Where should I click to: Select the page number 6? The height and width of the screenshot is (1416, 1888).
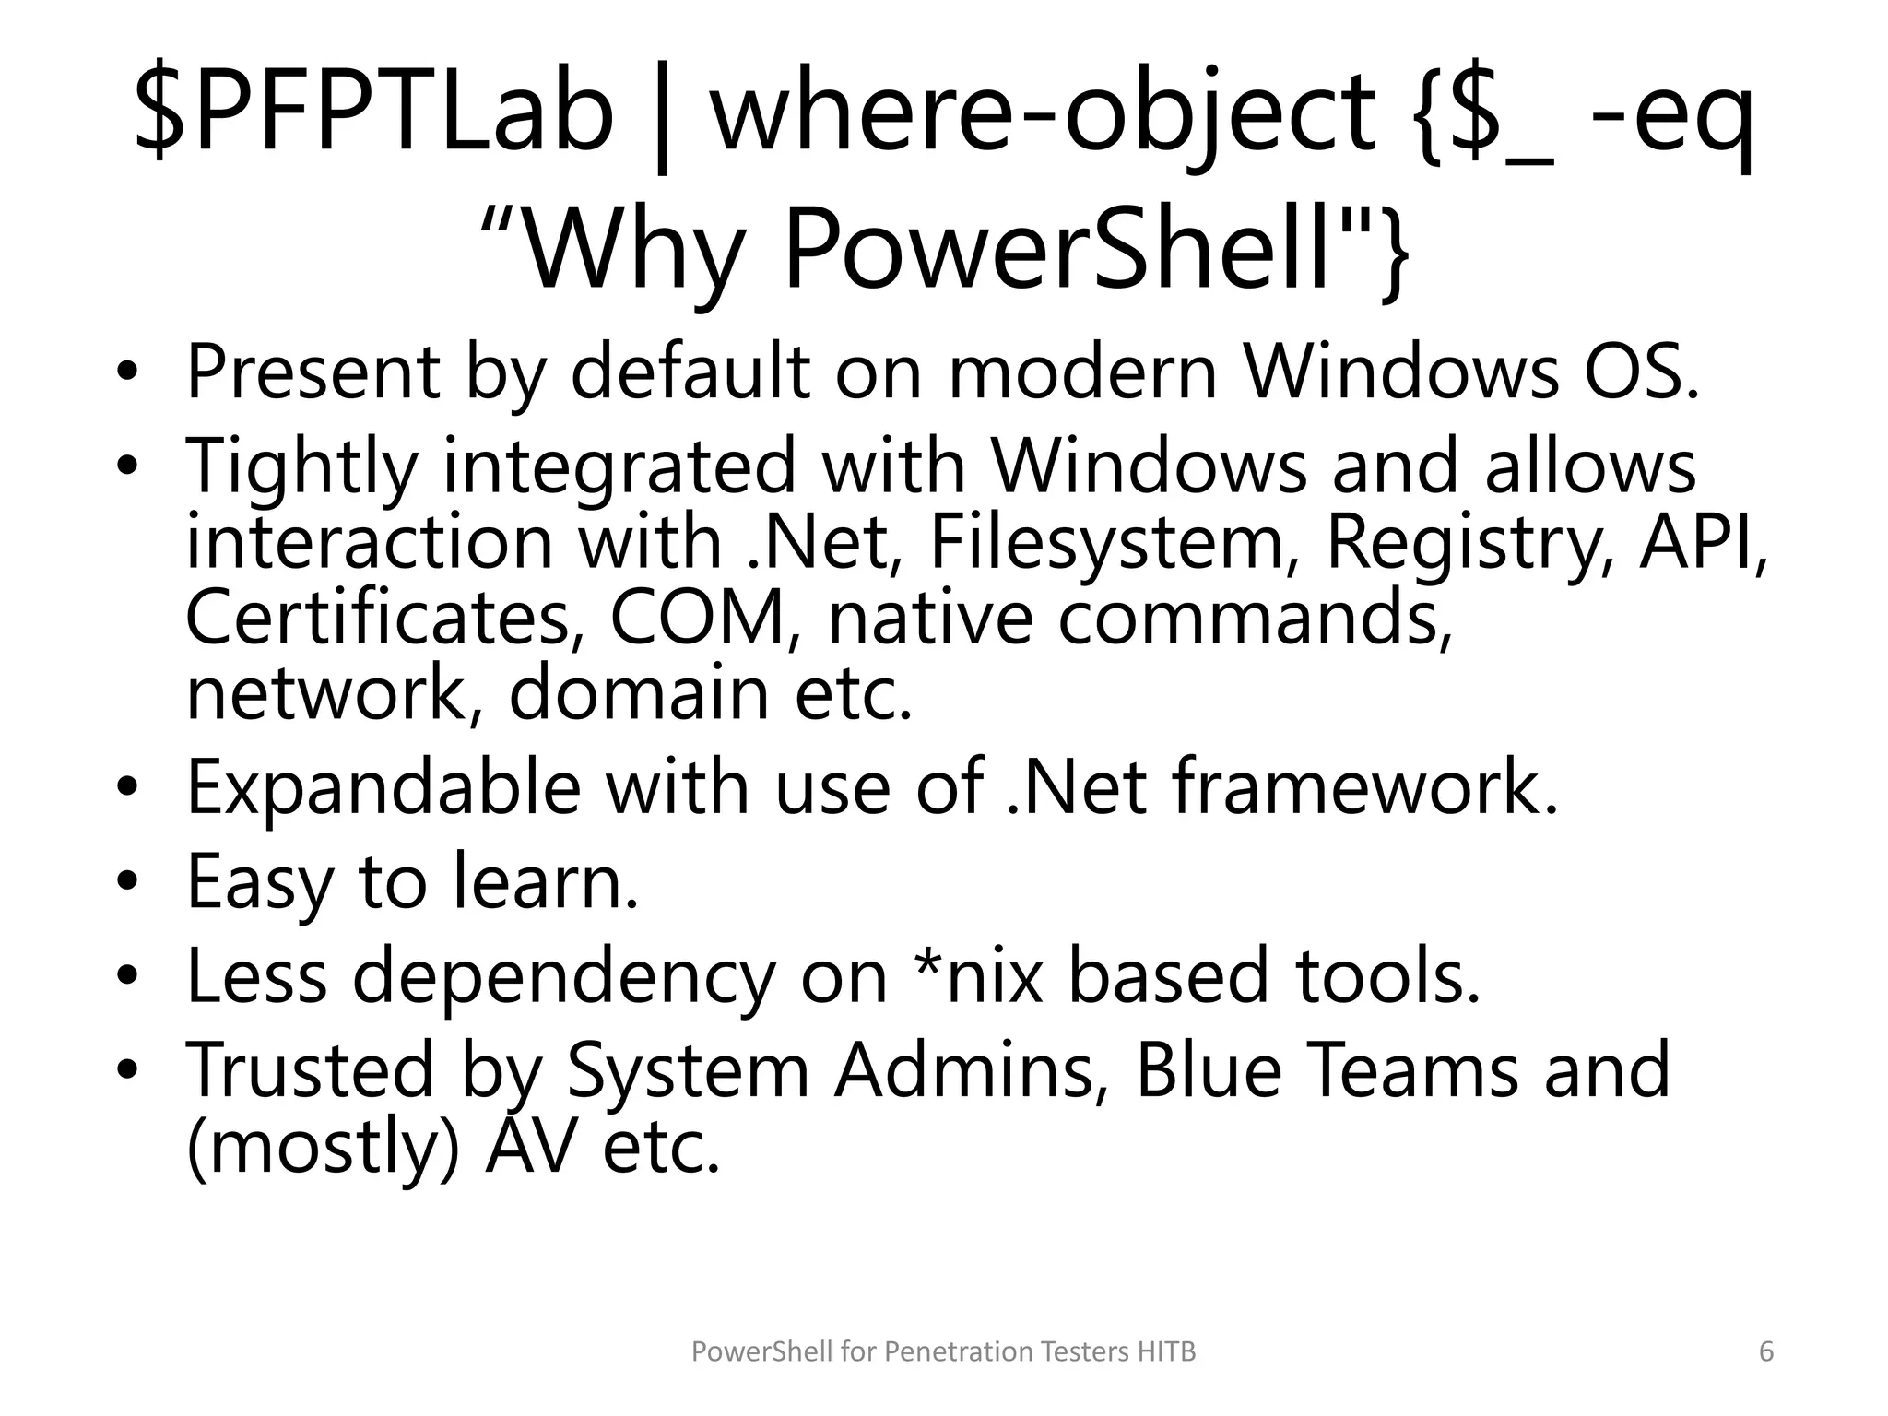click(1765, 1351)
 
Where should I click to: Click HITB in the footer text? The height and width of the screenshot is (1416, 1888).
click(1165, 1351)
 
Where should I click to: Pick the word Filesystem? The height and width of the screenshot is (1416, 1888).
click(1106, 544)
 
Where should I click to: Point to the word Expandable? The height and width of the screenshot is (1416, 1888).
click(383, 788)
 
